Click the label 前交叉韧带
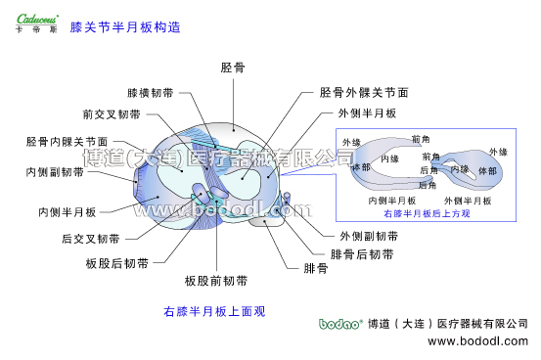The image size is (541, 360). [112, 113]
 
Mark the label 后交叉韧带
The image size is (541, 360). [90, 238]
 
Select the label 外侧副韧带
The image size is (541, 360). [369, 236]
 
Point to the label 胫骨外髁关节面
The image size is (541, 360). [364, 93]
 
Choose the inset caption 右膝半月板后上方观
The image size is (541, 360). [427, 212]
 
